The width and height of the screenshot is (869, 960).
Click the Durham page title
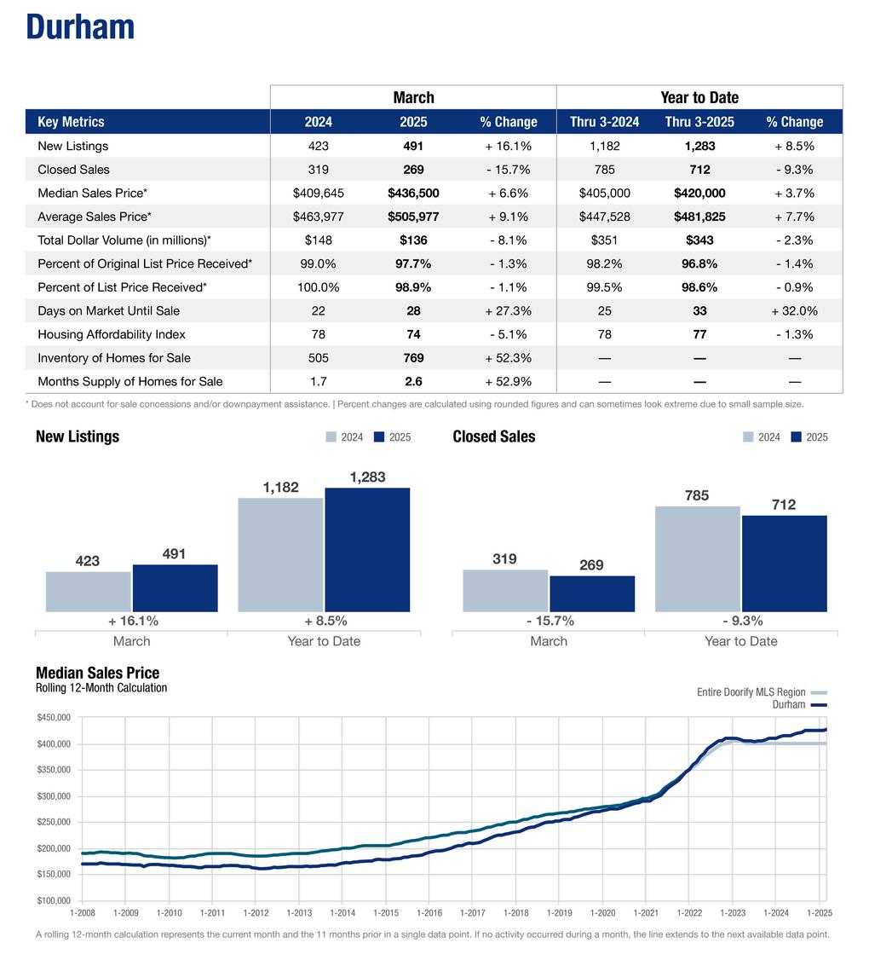pyautogui.click(x=80, y=27)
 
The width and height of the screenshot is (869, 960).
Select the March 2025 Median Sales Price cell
pyautogui.click(x=413, y=194)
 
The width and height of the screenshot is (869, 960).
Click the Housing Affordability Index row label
pyautogui.click(x=112, y=334)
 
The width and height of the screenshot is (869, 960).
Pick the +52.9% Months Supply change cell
pyautogui.click(x=509, y=381)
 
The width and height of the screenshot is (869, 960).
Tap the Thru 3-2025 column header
pyautogui.click(x=699, y=122)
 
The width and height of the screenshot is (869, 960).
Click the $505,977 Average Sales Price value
pyautogui.click(x=413, y=217)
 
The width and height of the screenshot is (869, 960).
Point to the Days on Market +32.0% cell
pyautogui.click(x=794, y=311)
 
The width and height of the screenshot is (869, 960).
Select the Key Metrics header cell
pyautogui.click(x=71, y=122)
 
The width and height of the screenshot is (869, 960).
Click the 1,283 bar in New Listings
pyautogui.click(x=367, y=549)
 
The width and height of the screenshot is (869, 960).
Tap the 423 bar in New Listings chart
pyautogui.click(x=88, y=591)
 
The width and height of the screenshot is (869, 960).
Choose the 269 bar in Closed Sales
pyautogui.click(x=592, y=593)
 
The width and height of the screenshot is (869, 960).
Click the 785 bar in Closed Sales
pyautogui.click(x=697, y=558)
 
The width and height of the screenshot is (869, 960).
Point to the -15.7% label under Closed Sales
pyautogui.click(x=550, y=621)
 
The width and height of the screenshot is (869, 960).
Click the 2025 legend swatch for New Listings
pyautogui.click(x=379, y=437)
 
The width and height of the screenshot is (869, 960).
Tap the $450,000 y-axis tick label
pyautogui.click(x=54, y=718)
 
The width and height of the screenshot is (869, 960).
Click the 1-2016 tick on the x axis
pyautogui.click(x=429, y=913)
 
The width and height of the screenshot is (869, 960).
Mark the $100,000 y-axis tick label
pyautogui.click(x=54, y=900)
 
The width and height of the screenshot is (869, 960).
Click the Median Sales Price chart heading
pyautogui.click(x=97, y=673)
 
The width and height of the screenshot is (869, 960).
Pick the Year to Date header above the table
pyautogui.click(x=699, y=97)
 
